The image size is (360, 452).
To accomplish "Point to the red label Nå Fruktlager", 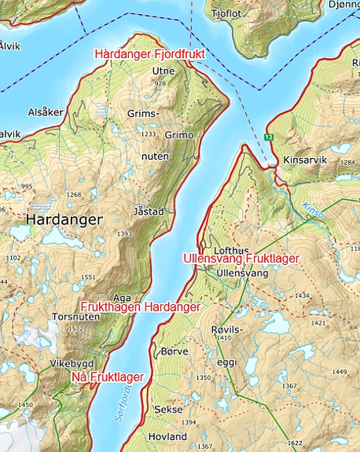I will [x=107, y=377].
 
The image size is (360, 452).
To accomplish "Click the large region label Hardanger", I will [x=64, y=220].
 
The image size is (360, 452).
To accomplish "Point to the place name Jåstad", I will [x=149, y=212].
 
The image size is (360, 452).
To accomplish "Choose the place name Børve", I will [x=174, y=351].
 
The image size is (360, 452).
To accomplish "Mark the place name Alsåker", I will [x=46, y=112].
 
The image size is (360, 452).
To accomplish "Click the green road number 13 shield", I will [x=269, y=138].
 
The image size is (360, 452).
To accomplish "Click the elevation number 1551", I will [x=87, y=277].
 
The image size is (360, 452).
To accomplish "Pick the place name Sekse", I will [x=168, y=410].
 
